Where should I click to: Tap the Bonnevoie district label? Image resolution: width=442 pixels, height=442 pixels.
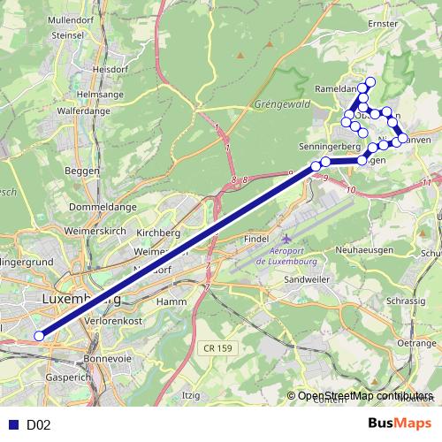point(107,359)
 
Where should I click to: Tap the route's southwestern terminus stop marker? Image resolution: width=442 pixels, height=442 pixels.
point(39,335)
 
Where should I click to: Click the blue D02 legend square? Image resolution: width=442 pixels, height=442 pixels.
point(11,424)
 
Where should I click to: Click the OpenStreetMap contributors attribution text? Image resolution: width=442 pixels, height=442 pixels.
point(365,396)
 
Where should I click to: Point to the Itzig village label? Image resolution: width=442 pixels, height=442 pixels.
point(190,394)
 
